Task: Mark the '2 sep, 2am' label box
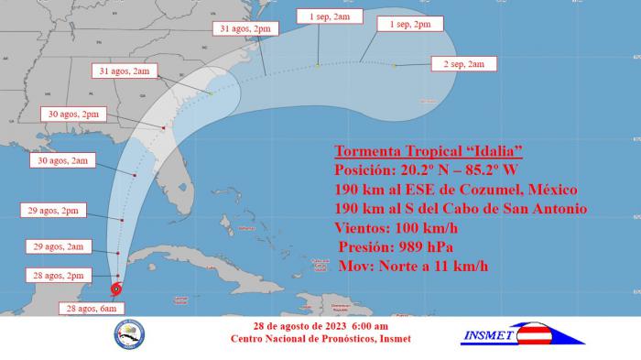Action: [464, 64]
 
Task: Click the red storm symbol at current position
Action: [116, 289]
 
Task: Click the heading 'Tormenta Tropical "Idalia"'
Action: [429, 151]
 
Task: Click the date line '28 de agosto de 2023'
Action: [320, 327]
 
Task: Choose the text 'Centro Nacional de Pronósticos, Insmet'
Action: [320, 340]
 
